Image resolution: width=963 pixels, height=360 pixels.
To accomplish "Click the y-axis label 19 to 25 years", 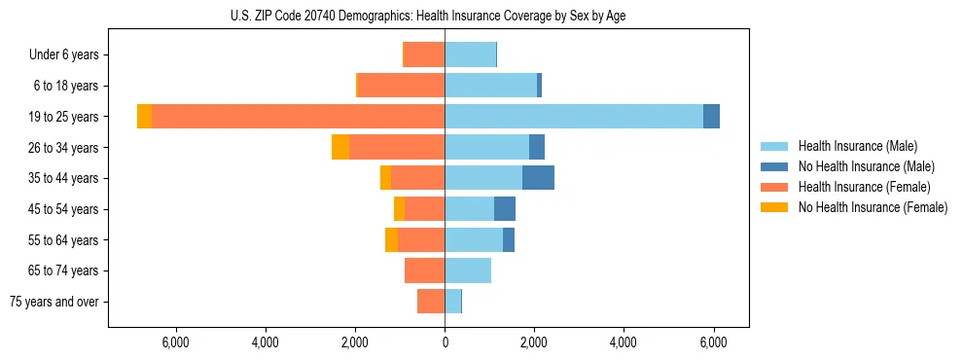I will coord(64,117).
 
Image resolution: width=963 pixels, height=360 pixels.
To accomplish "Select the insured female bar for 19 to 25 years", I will coord(298,117).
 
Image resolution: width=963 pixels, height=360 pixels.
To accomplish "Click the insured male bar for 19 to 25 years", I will coord(574,117).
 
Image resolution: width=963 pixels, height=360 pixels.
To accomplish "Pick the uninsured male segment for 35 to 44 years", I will coord(538,178).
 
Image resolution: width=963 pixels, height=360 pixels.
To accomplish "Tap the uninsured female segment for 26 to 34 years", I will coord(340,147).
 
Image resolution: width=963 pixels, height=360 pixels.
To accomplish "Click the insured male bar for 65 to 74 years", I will coord(468,270).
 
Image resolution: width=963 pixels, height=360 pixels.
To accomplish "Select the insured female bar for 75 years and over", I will coord(431,302).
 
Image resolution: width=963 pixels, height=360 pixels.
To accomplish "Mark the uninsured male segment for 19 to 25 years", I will coord(711,117).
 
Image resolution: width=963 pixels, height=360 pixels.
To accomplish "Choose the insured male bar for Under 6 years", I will coord(470,55).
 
